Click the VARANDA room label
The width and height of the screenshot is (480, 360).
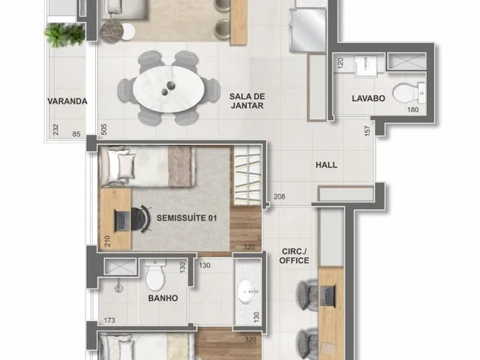[x=67, y=101]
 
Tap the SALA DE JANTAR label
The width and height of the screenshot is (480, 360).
[x=247, y=101]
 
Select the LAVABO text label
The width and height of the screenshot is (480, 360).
[x=368, y=98]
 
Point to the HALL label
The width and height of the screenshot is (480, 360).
[x=327, y=165]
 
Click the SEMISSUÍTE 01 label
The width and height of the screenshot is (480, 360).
[x=187, y=218]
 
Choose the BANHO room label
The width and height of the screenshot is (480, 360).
[x=163, y=298]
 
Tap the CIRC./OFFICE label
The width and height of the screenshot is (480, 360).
[x=294, y=256]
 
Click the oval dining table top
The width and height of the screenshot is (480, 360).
[x=169, y=88]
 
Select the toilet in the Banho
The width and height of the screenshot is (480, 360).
[x=155, y=275]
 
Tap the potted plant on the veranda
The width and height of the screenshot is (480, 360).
[x=64, y=34]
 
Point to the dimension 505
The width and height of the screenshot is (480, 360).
[x=103, y=129]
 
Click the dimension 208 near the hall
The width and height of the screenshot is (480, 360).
[x=279, y=196]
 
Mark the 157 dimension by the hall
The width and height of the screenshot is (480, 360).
[x=367, y=130]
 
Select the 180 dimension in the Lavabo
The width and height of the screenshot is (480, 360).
[x=412, y=109]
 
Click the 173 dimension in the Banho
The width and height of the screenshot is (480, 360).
[x=109, y=320]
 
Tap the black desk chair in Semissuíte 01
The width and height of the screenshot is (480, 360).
[x=142, y=219]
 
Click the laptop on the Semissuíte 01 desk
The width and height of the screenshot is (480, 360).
[x=121, y=220]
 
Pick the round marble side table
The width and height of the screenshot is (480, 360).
[x=112, y=31]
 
